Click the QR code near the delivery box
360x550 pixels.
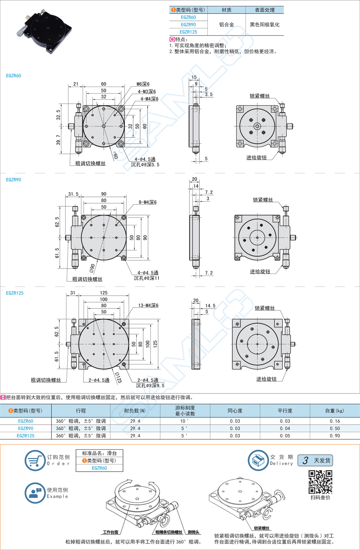[320, 482]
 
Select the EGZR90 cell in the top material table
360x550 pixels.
[188, 25]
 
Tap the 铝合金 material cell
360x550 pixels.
[226, 25]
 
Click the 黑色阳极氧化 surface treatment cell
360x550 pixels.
[264, 25]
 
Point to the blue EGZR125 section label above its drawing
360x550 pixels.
[15, 293]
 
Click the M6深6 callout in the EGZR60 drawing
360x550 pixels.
[143, 84]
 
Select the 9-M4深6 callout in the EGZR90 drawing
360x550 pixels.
[148, 202]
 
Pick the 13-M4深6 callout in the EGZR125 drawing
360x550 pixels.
[148, 305]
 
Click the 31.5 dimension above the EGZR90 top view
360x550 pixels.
[73, 194]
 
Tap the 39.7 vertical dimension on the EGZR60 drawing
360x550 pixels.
[59, 140]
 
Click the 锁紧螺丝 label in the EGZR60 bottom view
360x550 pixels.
[260, 96]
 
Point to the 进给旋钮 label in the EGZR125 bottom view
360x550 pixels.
[266, 379]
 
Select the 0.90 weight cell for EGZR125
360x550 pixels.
[335, 436]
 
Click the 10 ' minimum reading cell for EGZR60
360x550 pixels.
[185, 421]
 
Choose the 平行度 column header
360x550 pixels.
[284, 411]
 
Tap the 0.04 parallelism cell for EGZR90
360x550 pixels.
[285, 428]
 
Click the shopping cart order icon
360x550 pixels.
[34, 461]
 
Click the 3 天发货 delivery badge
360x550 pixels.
[315, 460]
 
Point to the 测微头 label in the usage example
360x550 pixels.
[193, 532]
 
